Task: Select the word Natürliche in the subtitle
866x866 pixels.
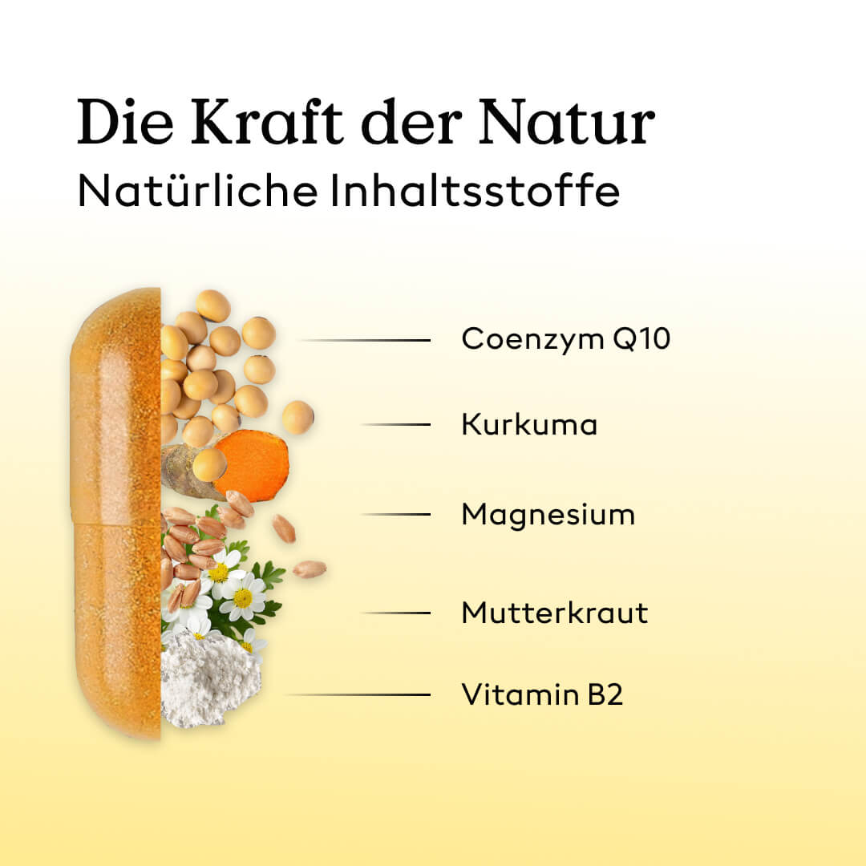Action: click(198, 191)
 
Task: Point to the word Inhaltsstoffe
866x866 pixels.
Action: click(475, 191)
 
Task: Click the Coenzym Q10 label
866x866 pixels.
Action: click(566, 338)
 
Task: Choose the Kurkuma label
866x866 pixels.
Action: click(530, 425)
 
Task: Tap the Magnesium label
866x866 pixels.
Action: click(548, 516)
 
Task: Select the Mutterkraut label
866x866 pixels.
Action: click(555, 613)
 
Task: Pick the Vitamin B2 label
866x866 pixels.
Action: click(542, 694)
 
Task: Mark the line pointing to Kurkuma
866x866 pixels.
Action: click(395, 425)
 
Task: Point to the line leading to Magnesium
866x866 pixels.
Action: click(395, 514)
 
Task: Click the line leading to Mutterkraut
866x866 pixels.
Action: click(395, 613)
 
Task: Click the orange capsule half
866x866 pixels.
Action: click(116, 514)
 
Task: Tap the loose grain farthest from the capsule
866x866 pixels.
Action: click(310, 569)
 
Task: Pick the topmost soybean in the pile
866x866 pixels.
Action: click(213, 306)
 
